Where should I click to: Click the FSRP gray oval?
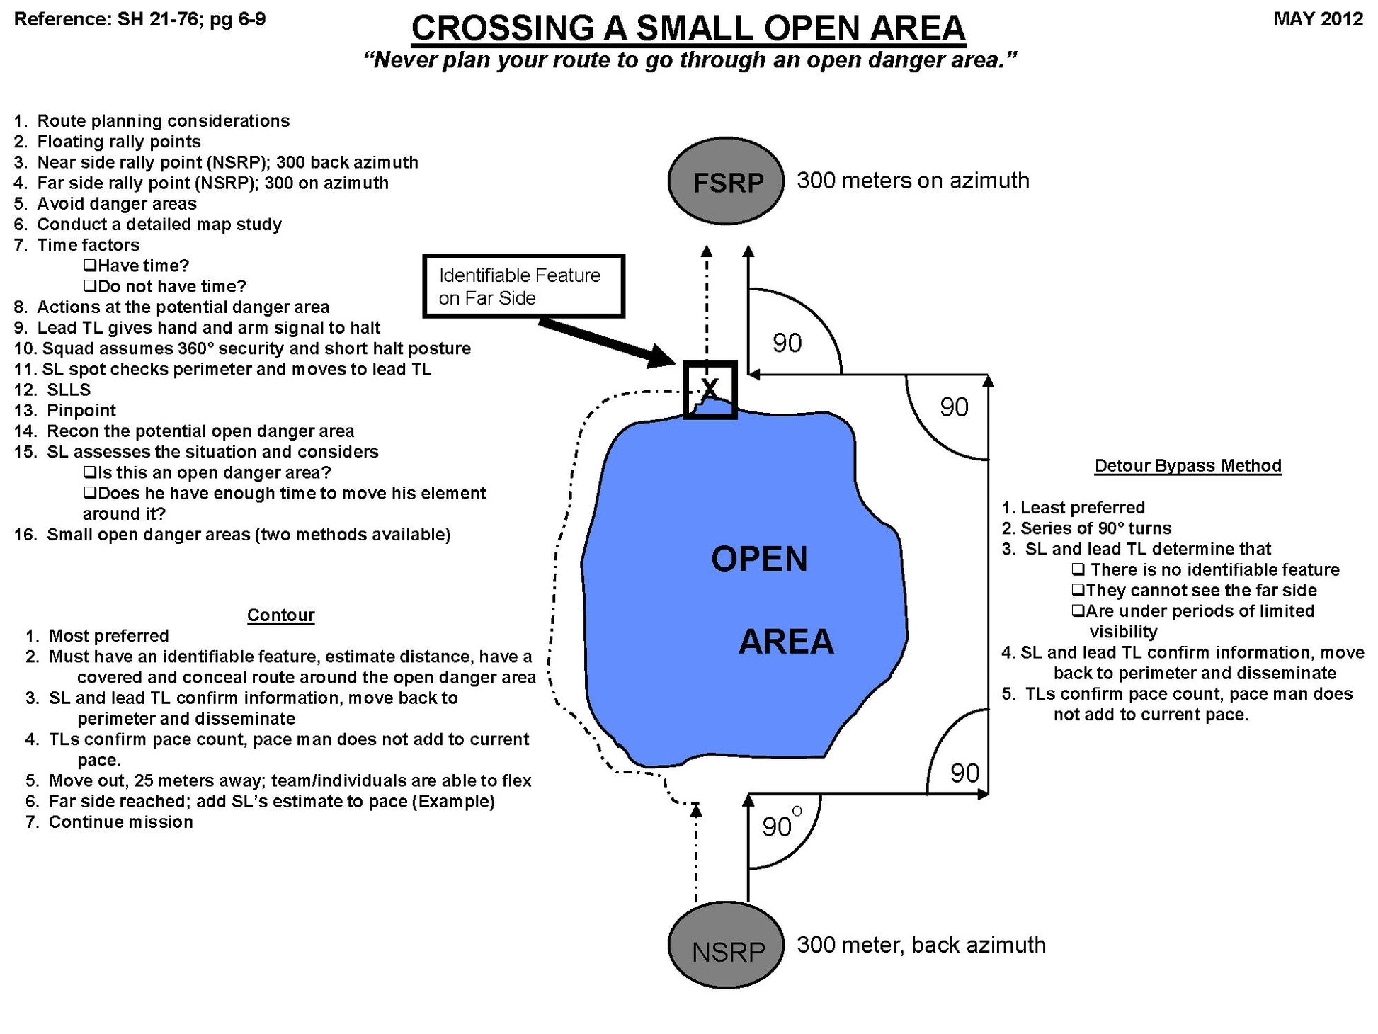click(726, 182)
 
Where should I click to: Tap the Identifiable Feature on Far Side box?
click(523, 286)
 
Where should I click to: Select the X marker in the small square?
click(710, 389)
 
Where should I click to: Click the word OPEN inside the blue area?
click(759, 559)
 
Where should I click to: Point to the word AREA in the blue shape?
click(786, 642)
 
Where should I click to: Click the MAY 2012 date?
click(1318, 19)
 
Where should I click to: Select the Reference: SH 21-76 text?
click(139, 19)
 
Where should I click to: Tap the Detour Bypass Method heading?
click(1188, 466)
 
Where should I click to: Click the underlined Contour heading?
click(280, 615)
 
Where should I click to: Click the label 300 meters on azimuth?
click(913, 181)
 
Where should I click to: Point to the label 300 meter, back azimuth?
click(921, 945)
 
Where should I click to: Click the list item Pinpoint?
click(81, 410)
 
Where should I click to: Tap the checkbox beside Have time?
click(89, 266)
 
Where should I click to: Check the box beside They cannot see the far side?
click(1078, 590)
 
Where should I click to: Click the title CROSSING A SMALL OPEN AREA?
click(688, 28)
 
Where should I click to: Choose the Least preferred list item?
click(1082, 508)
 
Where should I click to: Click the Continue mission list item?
click(120, 822)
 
